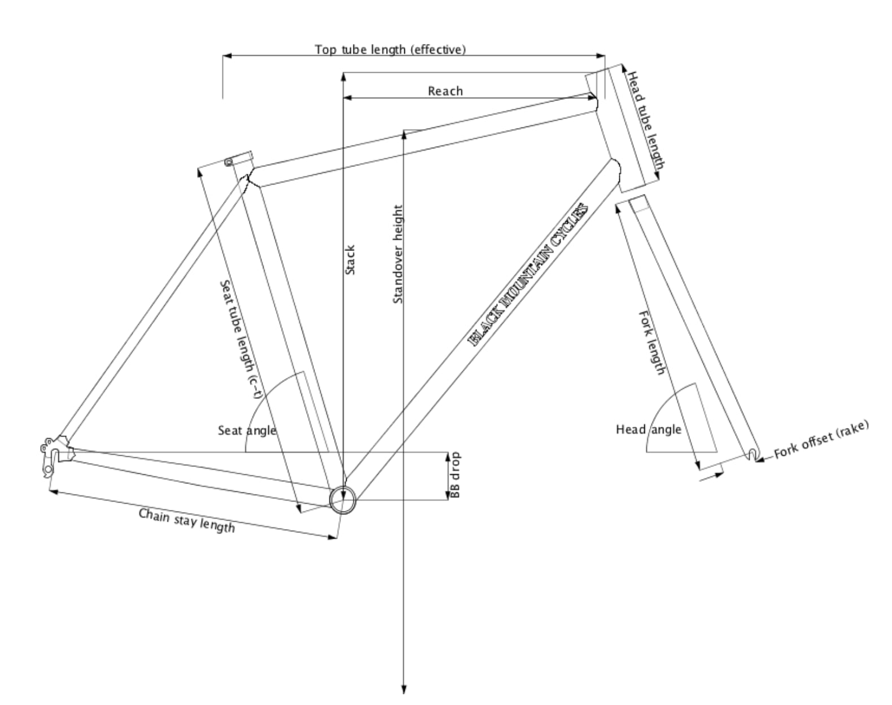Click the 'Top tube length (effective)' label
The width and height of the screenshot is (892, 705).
[x=390, y=50]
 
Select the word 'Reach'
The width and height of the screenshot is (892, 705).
[x=445, y=91]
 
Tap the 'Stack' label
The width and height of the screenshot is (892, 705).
[x=350, y=259]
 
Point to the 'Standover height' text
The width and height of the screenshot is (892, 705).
[x=398, y=254]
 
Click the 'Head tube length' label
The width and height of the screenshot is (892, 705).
[x=646, y=120]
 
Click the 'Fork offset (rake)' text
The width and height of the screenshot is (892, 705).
[x=821, y=439]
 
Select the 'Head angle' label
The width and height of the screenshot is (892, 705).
[x=649, y=430]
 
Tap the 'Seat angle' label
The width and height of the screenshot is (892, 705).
[x=247, y=430]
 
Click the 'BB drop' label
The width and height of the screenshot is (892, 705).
[x=455, y=475]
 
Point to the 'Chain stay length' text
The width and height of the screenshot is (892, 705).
[x=186, y=520]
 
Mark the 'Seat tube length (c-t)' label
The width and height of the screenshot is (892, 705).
[x=241, y=339]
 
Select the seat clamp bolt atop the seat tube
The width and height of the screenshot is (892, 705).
[x=229, y=162]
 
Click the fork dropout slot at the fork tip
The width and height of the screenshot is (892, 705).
[x=752, y=455]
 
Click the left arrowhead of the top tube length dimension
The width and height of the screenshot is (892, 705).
[x=228, y=55]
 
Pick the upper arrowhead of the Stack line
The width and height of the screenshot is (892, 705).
[x=343, y=77]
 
